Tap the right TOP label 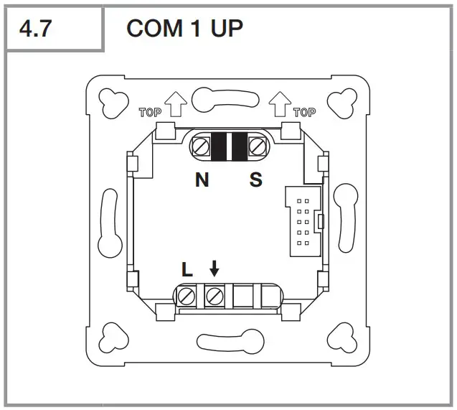(x=304, y=112)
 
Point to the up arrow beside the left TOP (x=175, y=106)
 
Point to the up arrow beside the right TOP (x=280, y=106)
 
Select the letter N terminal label (x=202, y=180)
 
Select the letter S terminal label (x=256, y=180)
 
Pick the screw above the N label (x=202, y=147)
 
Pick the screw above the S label (x=256, y=147)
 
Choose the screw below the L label (x=188, y=295)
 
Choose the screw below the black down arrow (x=213, y=295)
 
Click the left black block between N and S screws (x=218, y=147)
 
